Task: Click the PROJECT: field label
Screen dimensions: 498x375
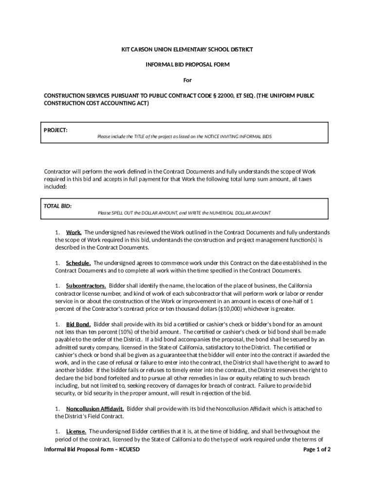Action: coord(56,130)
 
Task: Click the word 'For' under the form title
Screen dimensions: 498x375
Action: coord(187,80)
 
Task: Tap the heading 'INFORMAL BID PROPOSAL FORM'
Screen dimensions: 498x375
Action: coord(187,65)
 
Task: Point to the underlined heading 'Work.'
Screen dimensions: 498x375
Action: coord(74,232)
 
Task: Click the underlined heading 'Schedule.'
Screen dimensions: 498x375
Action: coord(78,263)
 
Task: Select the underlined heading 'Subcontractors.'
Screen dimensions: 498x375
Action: coord(86,285)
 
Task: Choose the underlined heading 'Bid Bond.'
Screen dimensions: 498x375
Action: coord(78,324)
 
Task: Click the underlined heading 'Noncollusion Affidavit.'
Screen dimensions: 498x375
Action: coord(95,409)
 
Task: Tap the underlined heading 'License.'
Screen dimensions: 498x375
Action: coord(76,431)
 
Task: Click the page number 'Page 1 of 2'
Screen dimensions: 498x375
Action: coord(317,449)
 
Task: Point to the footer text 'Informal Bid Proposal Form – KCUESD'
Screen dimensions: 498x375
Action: coord(92,449)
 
